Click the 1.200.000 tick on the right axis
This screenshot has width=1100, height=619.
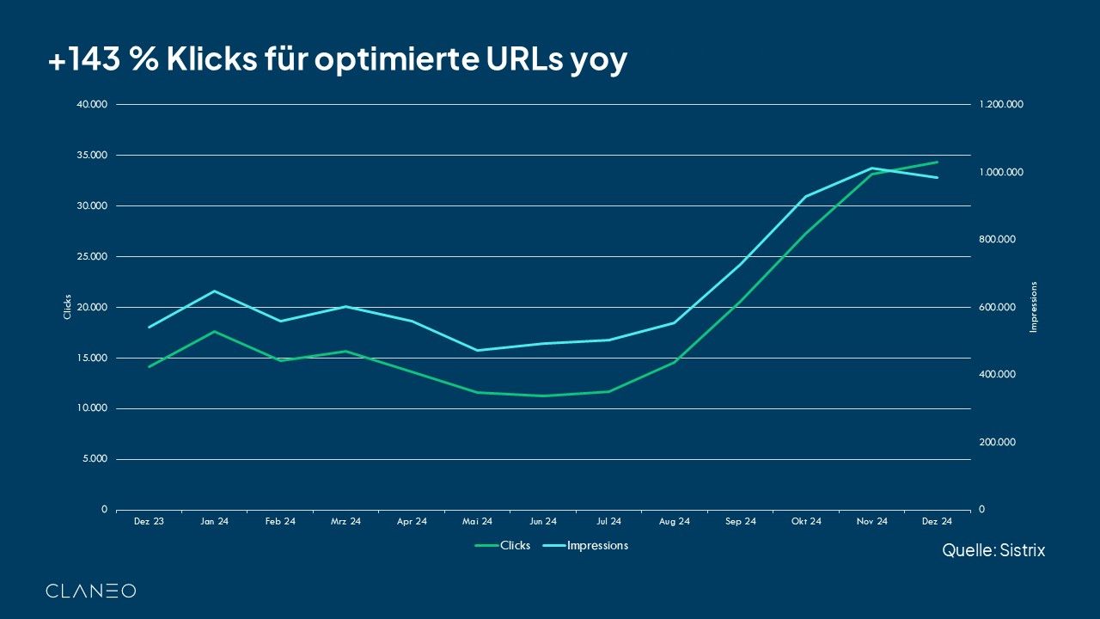pos(1001,105)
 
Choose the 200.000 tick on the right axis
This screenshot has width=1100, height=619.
pos(998,442)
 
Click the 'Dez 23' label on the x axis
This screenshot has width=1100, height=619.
pos(149,522)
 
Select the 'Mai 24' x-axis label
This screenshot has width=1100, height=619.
pos(477,522)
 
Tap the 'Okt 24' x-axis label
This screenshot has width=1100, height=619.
pos(806,522)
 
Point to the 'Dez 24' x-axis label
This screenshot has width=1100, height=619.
pos(937,522)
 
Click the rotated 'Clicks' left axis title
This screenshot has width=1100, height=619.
pos(68,307)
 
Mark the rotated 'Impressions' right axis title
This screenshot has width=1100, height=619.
pos(1034,307)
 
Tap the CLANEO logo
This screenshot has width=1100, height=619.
pos(90,591)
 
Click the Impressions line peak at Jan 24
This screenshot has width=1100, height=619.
pos(215,291)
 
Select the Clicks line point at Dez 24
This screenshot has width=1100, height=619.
pos(937,162)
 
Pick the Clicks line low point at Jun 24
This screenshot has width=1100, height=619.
pos(543,395)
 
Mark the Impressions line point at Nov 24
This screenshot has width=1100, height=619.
pos(871,169)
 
